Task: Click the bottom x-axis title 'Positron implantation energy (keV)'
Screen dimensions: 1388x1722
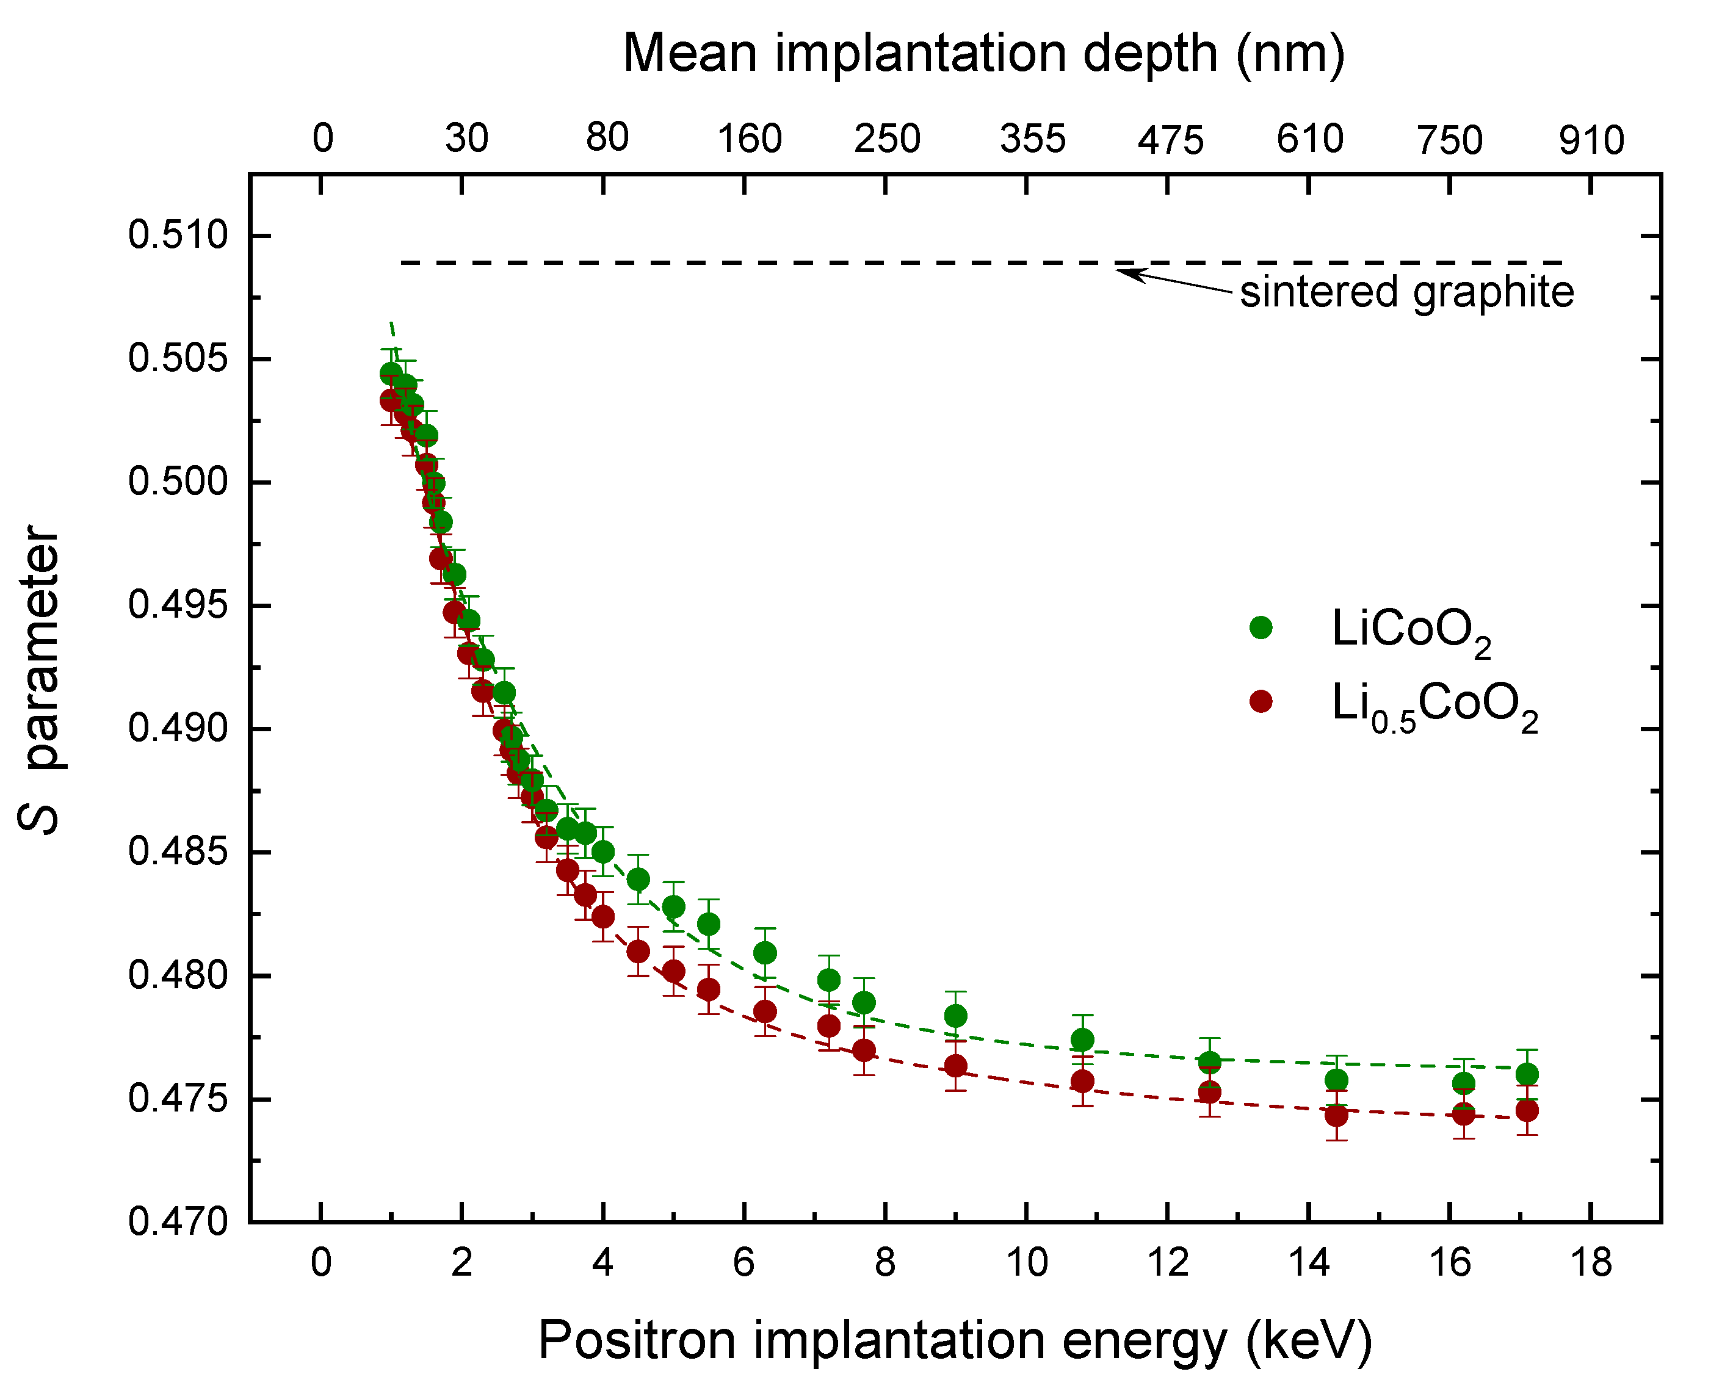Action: click(955, 1340)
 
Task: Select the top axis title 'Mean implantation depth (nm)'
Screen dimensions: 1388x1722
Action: click(984, 54)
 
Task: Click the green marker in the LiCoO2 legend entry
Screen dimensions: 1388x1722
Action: click(1261, 627)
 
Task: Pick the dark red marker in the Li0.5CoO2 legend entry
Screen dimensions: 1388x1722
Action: click(1261, 701)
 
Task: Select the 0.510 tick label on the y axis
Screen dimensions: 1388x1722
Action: click(178, 236)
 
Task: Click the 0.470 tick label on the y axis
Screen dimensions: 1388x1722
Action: click(178, 1223)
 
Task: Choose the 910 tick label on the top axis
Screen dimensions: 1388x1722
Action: click(1591, 140)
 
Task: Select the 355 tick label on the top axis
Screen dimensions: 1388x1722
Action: click(1032, 140)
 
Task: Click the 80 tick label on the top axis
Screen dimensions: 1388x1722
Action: click(607, 139)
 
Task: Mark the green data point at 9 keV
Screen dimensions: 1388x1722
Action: click(956, 1016)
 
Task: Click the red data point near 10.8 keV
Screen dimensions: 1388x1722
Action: click(1082, 1082)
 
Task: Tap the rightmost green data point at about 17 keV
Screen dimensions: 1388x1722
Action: click(1527, 1074)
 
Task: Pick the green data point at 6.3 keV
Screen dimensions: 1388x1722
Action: click(765, 953)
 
